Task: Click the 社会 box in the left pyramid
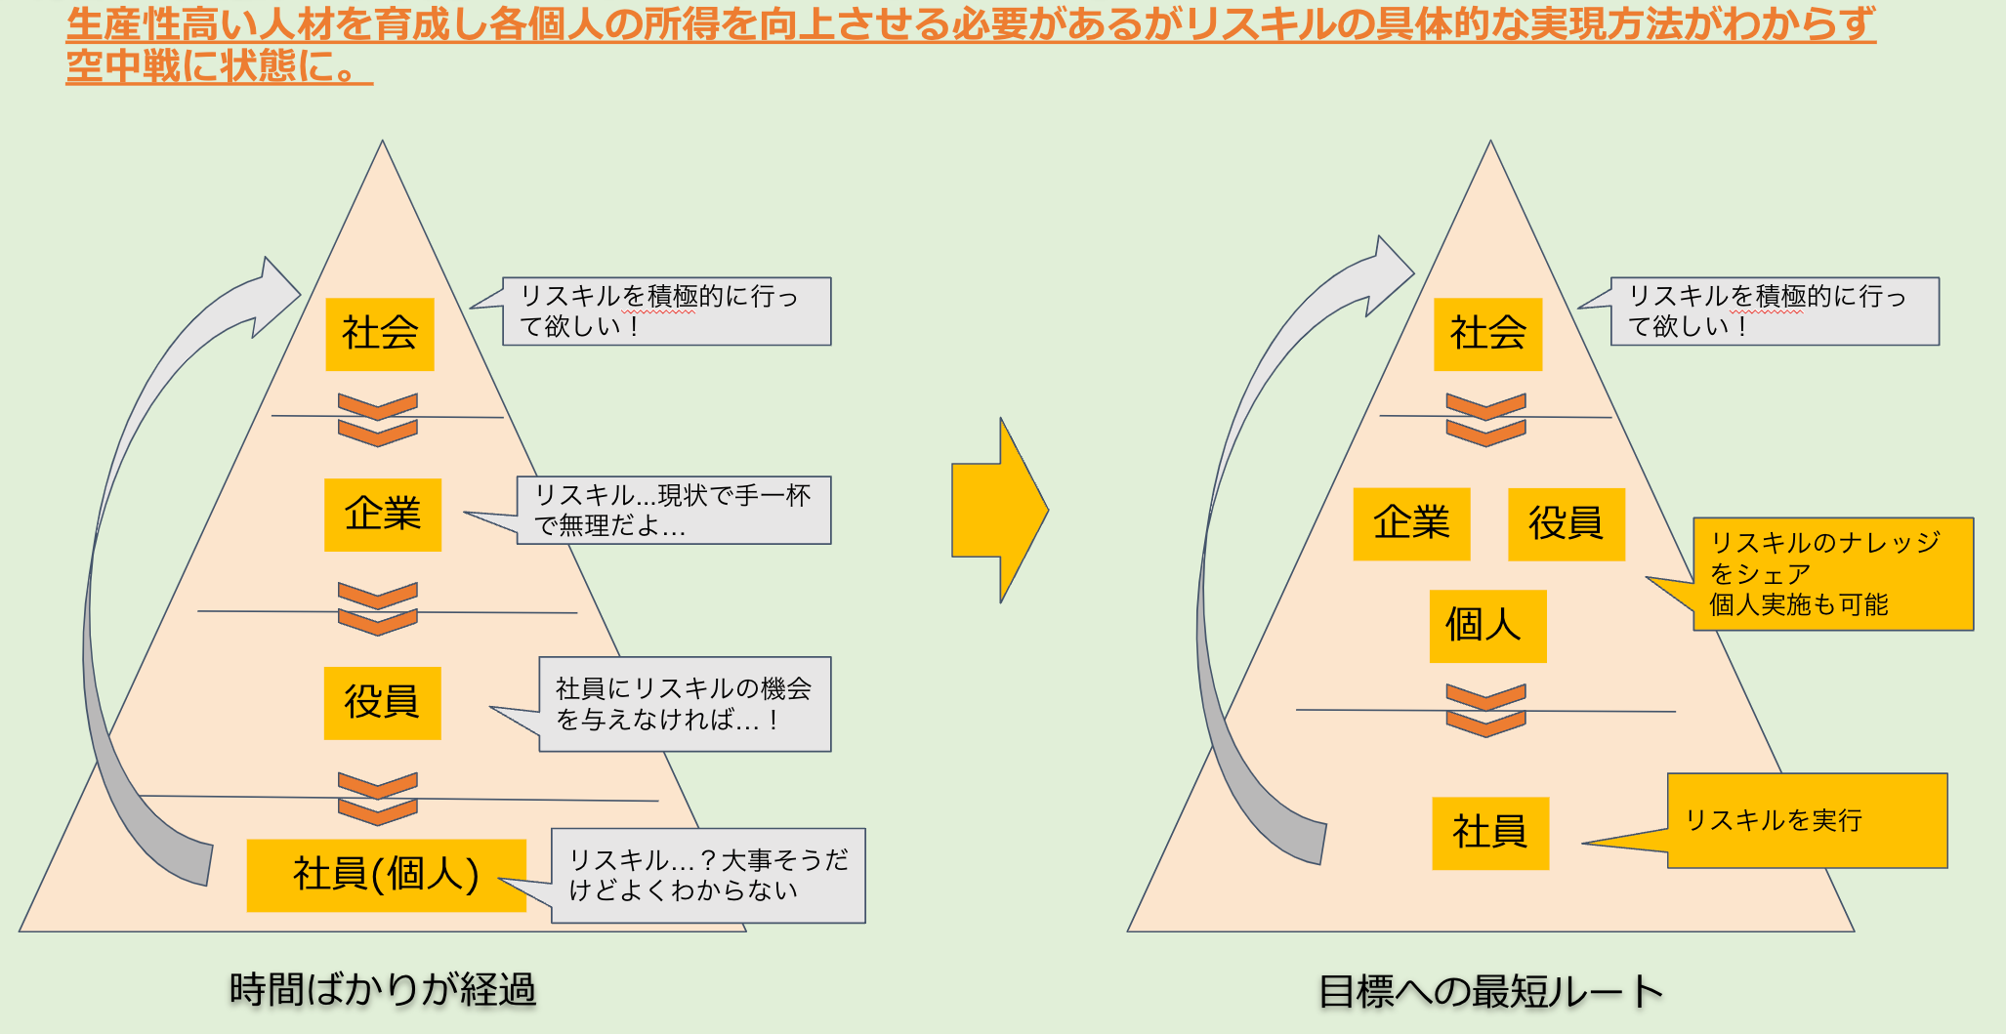pos(379,334)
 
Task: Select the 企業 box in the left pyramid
pos(383,515)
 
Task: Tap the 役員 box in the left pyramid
pos(382,703)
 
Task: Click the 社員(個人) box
pos(386,875)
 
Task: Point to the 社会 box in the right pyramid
pos(1487,334)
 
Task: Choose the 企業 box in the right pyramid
pos(1411,523)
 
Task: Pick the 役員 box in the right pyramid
pos(1566,523)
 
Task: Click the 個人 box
pos(1487,626)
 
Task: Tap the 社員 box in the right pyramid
pos(1490,833)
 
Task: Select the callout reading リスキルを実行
pos(1807,820)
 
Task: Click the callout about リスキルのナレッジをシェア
pos(1832,573)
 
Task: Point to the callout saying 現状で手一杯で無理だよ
pos(673,510)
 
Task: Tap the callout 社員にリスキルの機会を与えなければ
pos(684,704)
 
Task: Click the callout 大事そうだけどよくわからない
pos(707,875)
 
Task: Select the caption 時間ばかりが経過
pos(382,990)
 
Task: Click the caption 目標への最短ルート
pos(1490,992)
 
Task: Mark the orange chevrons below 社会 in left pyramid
pos(377,420)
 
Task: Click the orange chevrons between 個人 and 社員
pos(1485,711)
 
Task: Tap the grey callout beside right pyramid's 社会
pos(1774,310)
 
